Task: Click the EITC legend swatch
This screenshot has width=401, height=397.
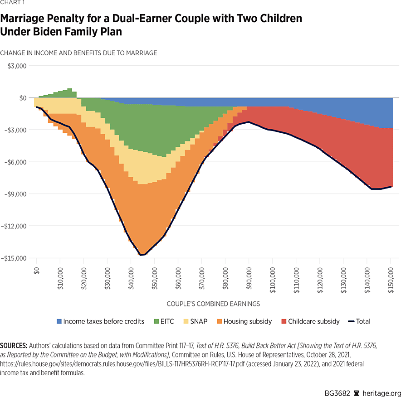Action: pyautogui.click(x=157, y=321)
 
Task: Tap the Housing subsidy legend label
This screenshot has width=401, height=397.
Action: pyautogui.click(x=248, y=321)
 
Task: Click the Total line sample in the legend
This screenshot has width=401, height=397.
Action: pyautogui.click(x=351, y=321)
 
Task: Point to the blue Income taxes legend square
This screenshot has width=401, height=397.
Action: pyautogui.click(x=59, y=321)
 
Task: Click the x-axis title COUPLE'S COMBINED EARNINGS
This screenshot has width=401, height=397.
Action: pyautogui.click(x=213, y=304)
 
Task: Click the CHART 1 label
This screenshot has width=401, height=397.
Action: pyautogui.click(x=13, y=3)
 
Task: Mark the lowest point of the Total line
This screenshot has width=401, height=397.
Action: pyautogui.click(x=141, y=255)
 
